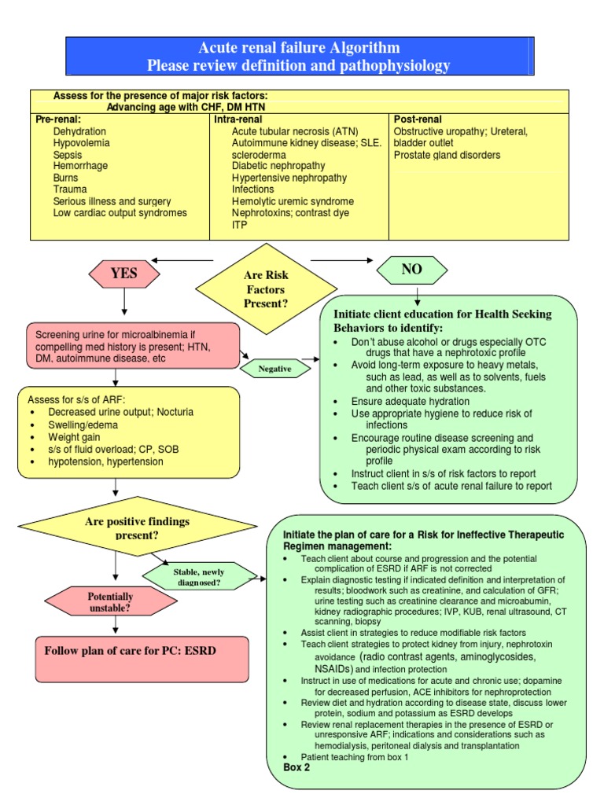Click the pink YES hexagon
coord(124,274)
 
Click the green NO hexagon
coord(412,270)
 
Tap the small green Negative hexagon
coord(274,368)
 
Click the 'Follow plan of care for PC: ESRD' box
coord(142,652)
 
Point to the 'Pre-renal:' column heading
coord(58,119)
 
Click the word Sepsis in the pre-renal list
coord(68,155)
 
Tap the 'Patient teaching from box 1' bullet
coord(356,756)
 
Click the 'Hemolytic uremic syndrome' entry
coord(293,201)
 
